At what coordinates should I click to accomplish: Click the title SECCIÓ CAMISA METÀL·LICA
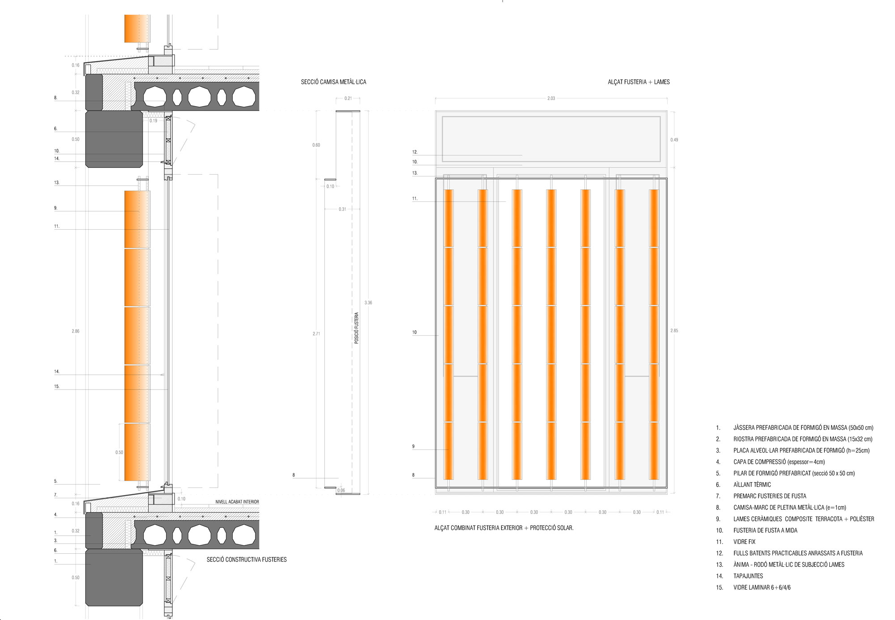(333, 82)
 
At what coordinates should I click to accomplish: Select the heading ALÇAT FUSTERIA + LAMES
(639, 82)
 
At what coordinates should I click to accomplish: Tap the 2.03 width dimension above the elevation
(551, 98)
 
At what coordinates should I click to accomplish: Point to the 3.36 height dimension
(368, 303)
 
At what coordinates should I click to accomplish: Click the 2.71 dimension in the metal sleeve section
(316, 334)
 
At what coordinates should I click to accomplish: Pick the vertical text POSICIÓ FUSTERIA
(357, 328)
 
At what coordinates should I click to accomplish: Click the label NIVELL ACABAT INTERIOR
(237, 502)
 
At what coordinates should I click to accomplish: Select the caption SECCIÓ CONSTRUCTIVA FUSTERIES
(247, 560)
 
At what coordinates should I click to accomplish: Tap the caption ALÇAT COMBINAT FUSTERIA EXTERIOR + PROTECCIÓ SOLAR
(504, 528)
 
